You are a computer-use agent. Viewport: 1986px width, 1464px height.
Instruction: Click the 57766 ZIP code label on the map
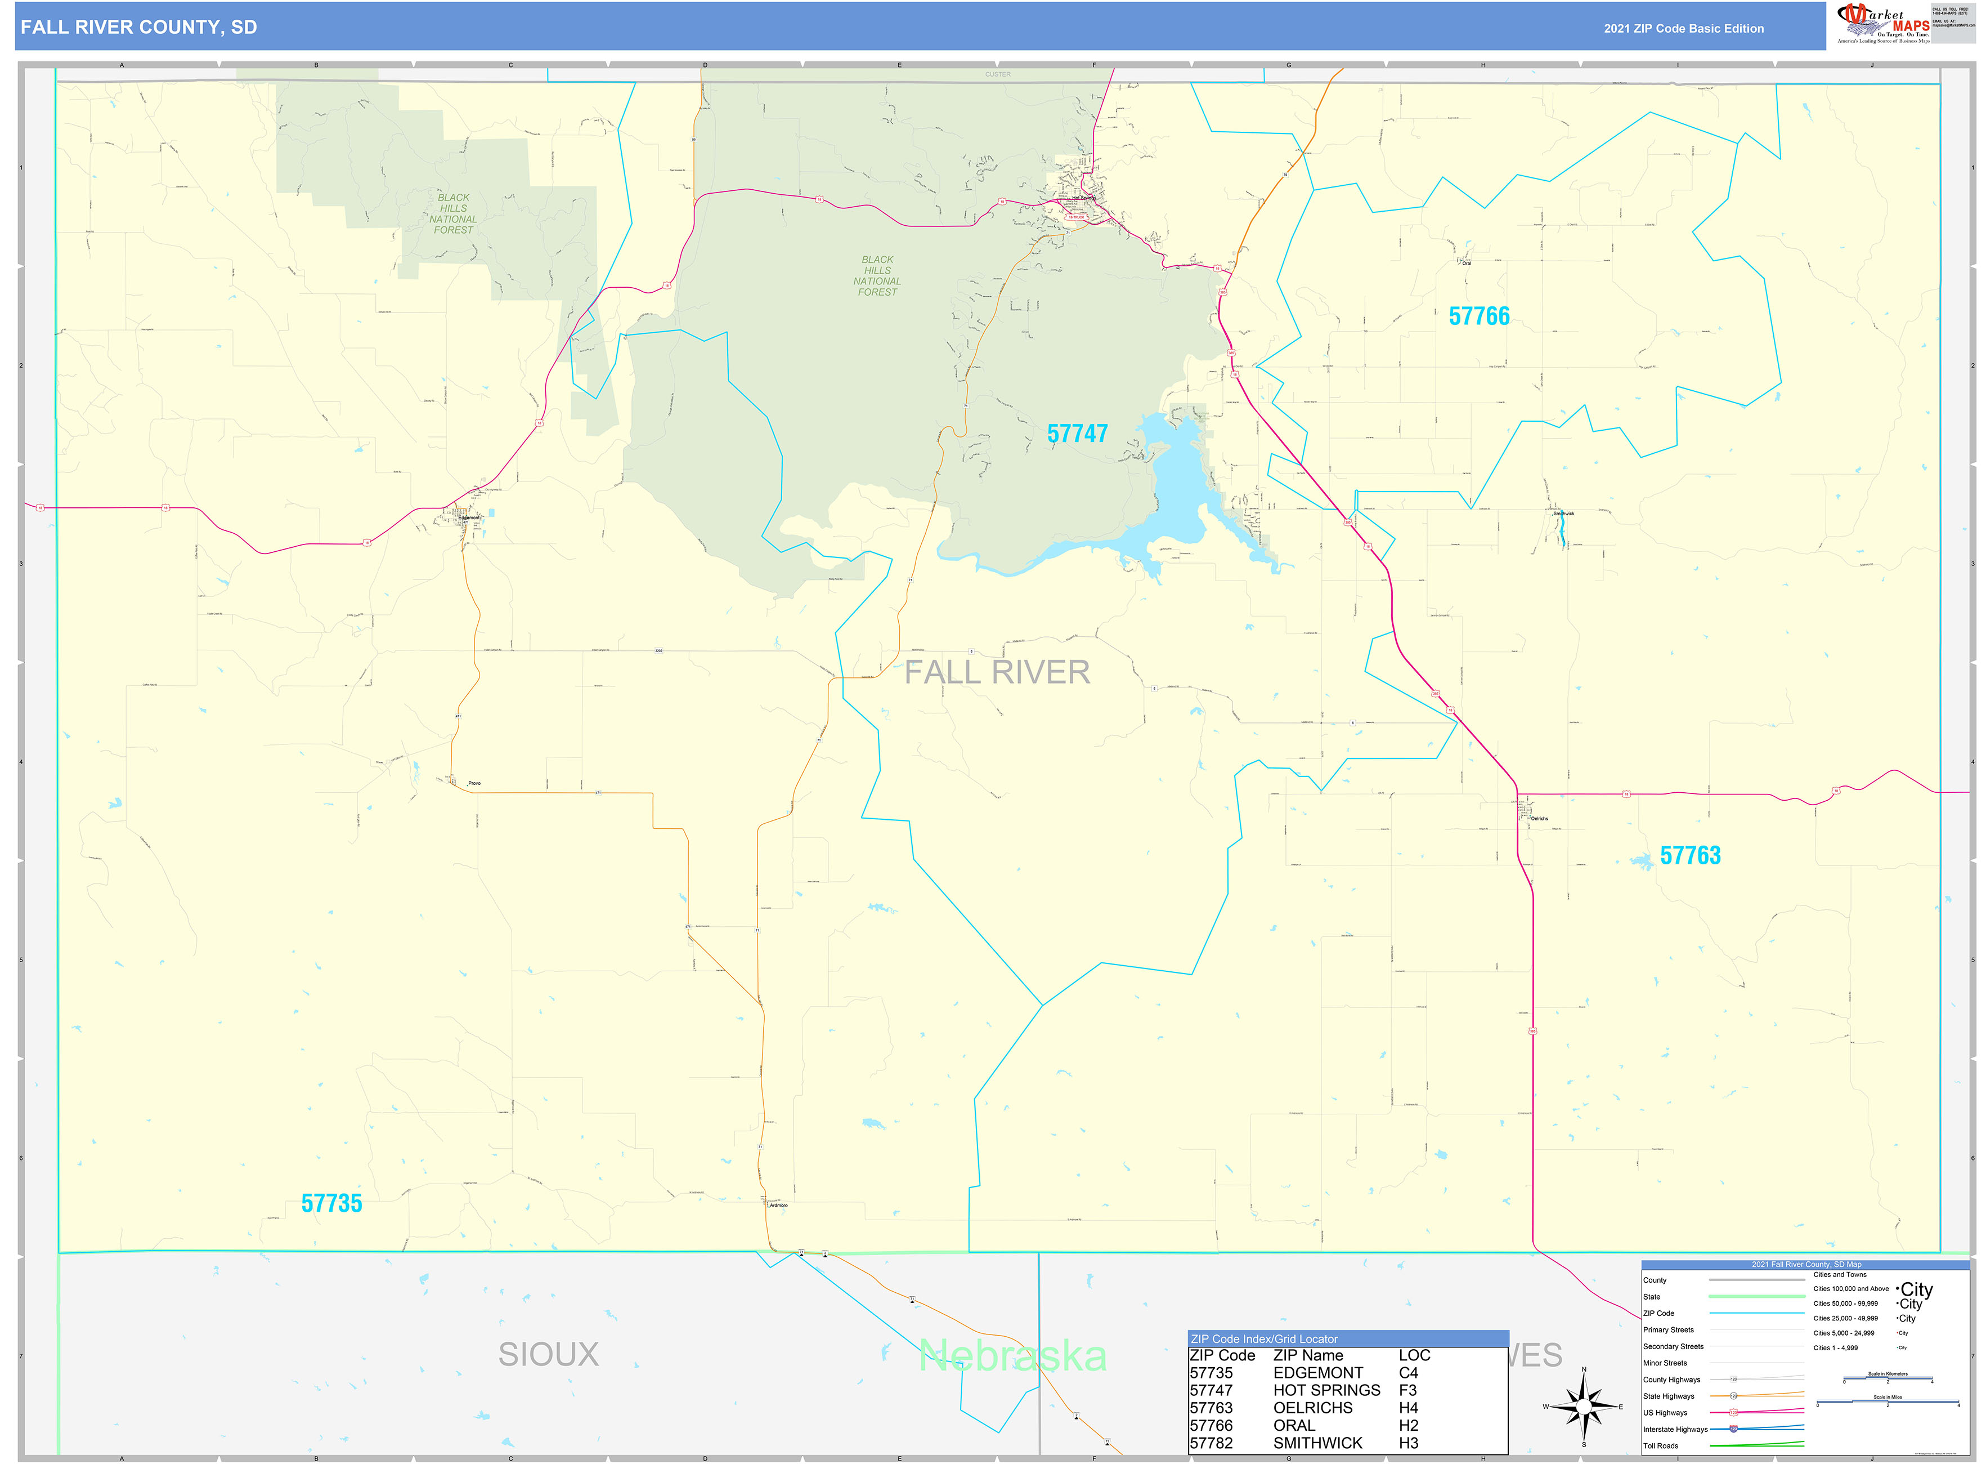coord(1478,316)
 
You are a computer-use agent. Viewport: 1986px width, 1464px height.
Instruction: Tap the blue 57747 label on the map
coord(1077,434)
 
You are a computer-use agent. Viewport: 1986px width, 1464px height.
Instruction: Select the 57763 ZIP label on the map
coord(1690,855)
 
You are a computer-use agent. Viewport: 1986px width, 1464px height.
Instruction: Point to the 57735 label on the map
coord(331,1203)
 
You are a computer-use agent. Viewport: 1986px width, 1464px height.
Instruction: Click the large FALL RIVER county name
coord(997,673)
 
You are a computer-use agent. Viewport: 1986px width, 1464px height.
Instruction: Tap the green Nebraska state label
coord(1012,1356)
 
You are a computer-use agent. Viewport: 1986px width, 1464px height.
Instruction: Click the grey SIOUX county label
coord(548,1354)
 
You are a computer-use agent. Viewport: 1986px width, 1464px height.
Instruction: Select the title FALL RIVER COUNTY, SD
coord(139,28)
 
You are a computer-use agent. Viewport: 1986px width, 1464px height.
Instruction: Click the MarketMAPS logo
coord(1883,24)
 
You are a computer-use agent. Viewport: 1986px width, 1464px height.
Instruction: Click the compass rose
coord(1584,1407)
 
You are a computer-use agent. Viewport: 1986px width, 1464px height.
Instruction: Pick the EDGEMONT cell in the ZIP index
coord(1318,1373)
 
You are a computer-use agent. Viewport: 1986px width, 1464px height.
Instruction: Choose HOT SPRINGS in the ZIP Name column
coord(1326,1390)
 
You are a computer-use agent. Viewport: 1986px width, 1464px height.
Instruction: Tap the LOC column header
coord(1414,1356)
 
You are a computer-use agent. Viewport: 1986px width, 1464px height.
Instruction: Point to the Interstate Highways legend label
coord(1675,1430)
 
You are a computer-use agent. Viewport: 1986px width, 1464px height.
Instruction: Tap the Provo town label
coord(474,783)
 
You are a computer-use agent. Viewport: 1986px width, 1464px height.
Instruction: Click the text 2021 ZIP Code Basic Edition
coord(1683,28)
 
